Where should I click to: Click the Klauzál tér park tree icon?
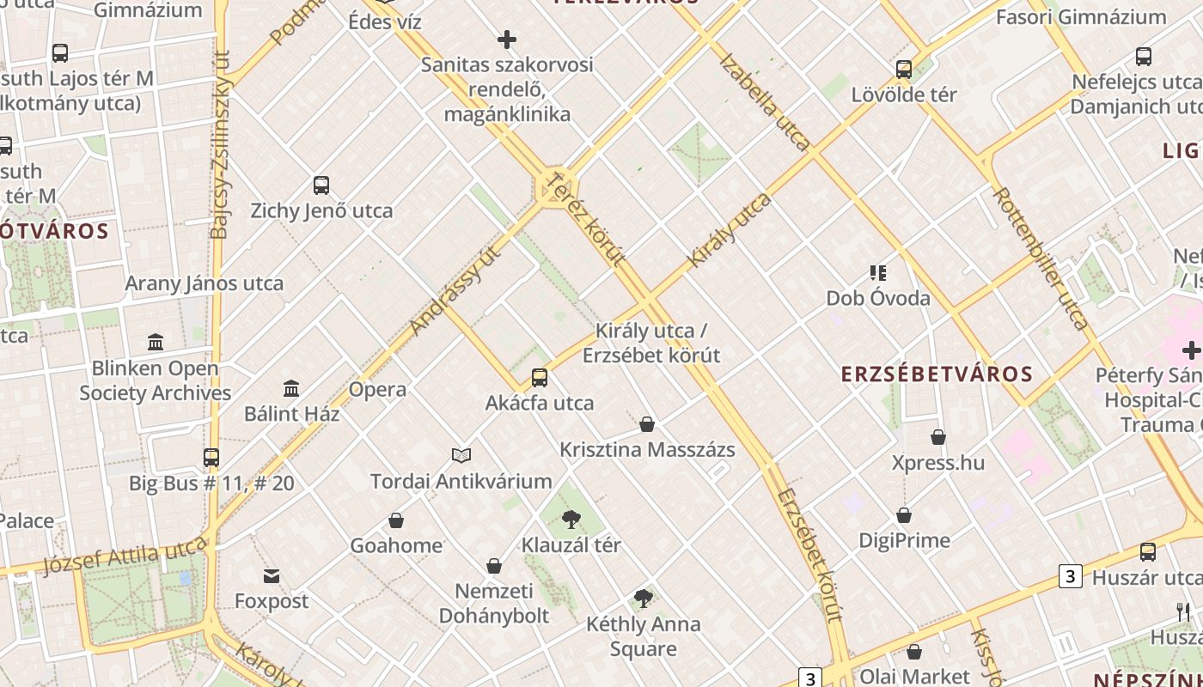571,519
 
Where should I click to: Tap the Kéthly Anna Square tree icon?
643,599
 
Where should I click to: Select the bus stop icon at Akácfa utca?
540,377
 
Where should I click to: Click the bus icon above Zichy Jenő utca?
321,185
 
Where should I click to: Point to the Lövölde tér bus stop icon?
904,70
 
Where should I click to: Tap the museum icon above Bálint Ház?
291,389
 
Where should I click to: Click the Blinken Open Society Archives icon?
156,343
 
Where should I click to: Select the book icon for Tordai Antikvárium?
461,455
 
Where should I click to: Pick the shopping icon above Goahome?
396,520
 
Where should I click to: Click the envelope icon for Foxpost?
272,575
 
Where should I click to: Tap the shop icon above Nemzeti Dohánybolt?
494,566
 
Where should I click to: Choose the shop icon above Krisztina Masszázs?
647,424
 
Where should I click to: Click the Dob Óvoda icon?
877,273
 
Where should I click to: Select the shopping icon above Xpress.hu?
938,437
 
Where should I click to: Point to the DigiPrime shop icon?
904,515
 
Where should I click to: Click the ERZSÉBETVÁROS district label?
937,374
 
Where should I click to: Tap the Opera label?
377,389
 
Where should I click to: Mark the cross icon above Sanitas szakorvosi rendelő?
507,39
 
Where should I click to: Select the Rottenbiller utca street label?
1041,258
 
